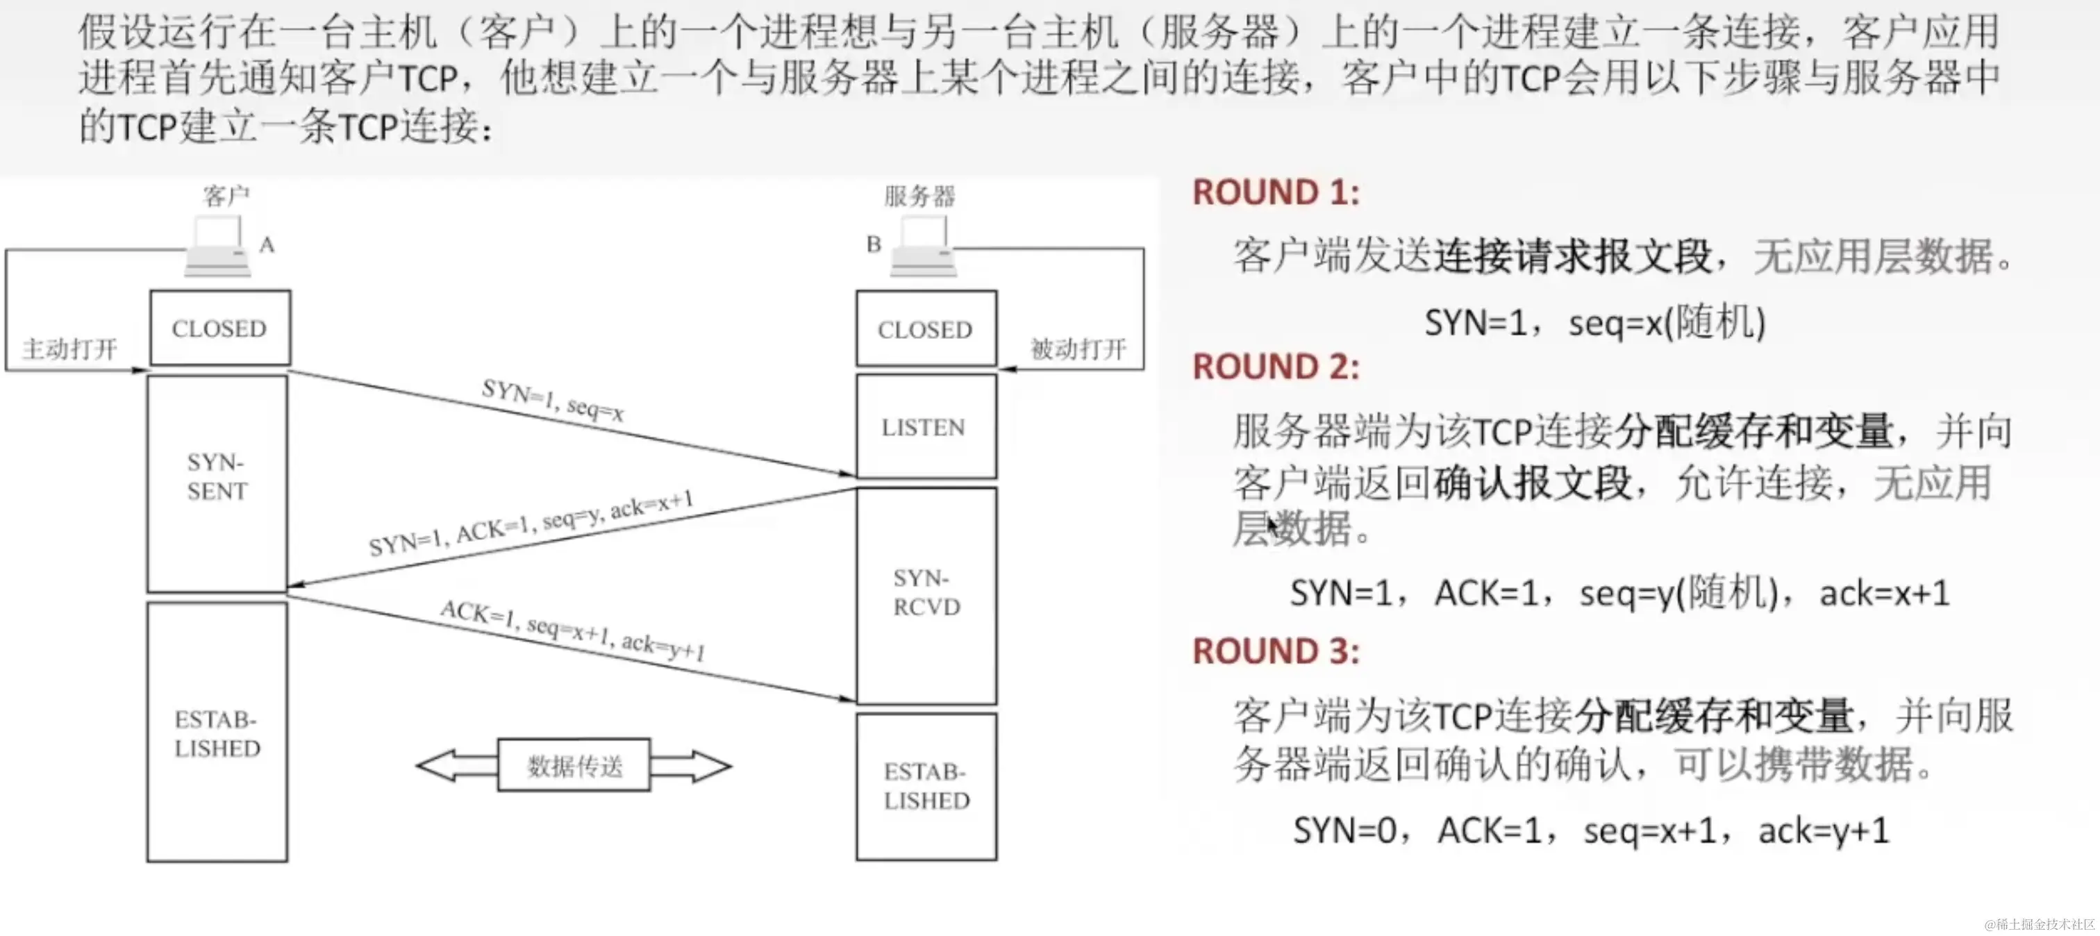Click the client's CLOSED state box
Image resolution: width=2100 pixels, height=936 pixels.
(x=219, y=328)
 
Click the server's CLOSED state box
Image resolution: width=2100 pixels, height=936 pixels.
(x=925, y=329)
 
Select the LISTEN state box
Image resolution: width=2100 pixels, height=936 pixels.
(x=925, y=426)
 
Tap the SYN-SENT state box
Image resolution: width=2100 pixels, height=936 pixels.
(x=217, y=483)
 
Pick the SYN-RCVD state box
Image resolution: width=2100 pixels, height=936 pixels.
(x=926, y=594)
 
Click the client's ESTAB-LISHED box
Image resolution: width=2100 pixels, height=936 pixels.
(x=217, y=732)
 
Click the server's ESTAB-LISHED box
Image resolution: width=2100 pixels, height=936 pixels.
(x=926, y=786)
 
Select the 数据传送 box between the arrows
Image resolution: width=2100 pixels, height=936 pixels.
(x=574, y=764)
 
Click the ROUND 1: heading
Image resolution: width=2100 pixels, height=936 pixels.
(x=1276, y=192)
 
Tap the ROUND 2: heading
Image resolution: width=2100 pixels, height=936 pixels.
(x=1276, y=367)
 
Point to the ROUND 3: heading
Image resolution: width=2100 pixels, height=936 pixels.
(x=1276, y=651)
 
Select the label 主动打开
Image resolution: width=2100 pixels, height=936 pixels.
(x=69, y=349)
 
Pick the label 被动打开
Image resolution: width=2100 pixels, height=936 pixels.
(x=1078, y=349)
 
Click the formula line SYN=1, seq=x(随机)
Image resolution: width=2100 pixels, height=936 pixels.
(x=1594, y=323)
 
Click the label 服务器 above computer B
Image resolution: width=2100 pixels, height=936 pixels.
(x=919, y=196)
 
